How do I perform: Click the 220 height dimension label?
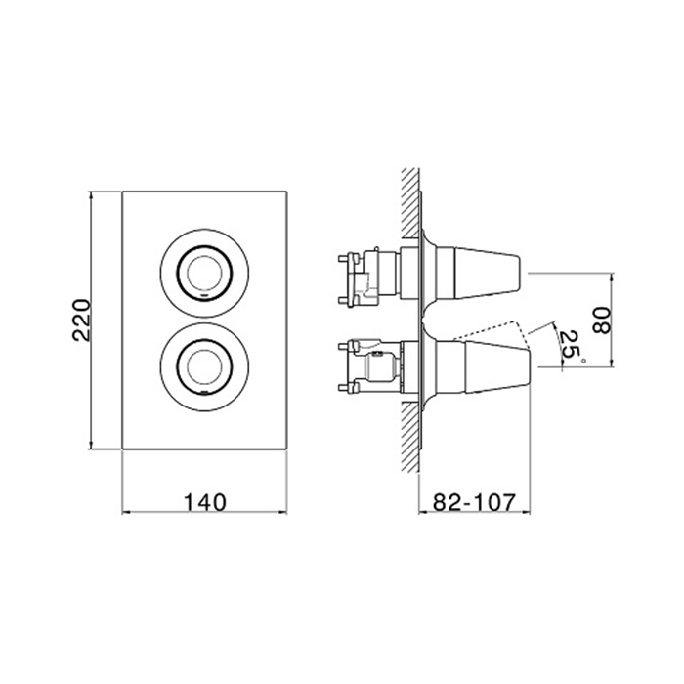click(x=82, y=321)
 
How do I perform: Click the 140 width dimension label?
click(x=204, y=502)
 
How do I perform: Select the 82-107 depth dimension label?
click(x=474, y=502)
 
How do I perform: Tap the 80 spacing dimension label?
click(x=603, y=321)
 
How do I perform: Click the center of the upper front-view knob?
click(x=204, y=274)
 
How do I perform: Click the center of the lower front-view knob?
click(x=204, y=366)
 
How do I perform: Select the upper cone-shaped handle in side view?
click(x=488, y=274)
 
